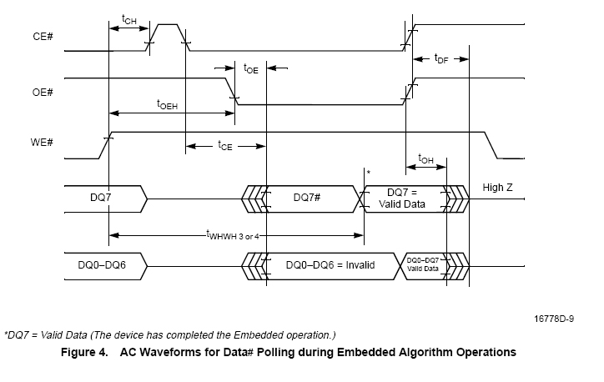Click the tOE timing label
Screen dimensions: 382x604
pyautogui.click(x=251, y=70)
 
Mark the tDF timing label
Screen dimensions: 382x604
pyautogui.click(x=441, y=58)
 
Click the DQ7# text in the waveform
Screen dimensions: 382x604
pyautogui.click(x=309, y=198)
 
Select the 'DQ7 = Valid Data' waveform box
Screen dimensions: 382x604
pyautogui.click(x=406, y=199)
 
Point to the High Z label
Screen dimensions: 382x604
pyautogui.click(x=498, y=188)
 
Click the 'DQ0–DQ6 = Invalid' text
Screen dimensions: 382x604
pyautogui.click(x=330, y=264)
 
